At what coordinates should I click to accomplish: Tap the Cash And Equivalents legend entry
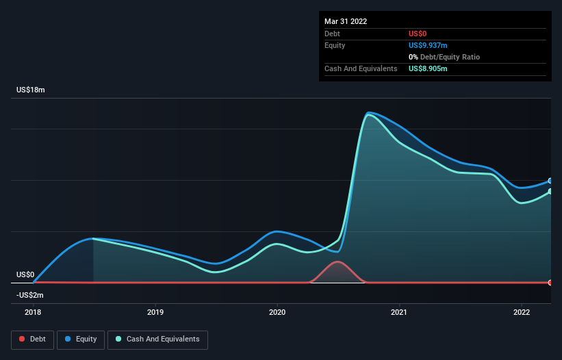[157, 339]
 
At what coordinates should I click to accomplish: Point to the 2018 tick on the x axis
[33, 312]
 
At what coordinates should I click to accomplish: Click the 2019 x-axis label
[155, 312]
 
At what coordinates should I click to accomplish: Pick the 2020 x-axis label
[277, 312]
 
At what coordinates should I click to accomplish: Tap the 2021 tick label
[399, 312]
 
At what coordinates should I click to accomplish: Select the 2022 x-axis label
[522, 312]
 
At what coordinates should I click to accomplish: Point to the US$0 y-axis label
[25, 274]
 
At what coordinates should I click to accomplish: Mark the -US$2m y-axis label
[30, 295]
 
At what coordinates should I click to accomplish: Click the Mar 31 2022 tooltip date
[346, 21]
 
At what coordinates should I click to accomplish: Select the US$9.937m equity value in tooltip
[428, 45]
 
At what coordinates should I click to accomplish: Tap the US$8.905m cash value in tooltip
[428, 68]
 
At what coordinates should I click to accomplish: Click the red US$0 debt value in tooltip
[418, 34]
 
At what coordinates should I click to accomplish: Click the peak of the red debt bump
[336, 261]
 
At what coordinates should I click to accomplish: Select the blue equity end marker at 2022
[550, 181]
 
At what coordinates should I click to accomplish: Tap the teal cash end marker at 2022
[550, 191]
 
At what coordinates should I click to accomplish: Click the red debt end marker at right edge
[550, 283]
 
